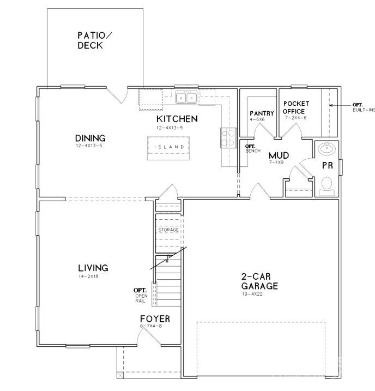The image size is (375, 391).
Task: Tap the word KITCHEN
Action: [177, 119]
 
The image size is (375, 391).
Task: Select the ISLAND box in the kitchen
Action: [169, 147]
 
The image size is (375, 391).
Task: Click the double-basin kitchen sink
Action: [186, 98]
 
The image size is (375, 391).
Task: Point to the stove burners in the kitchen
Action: [228, 137]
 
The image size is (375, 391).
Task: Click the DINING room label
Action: [90, 139]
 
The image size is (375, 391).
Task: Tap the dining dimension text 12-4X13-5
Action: [90, 146]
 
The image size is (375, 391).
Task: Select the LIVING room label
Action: [93, 268]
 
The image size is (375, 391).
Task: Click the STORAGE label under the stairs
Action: [168, 230]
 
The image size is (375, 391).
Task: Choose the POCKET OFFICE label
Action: [297, 107]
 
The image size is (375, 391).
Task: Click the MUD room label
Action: [278, 156]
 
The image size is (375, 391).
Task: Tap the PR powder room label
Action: [327, 165]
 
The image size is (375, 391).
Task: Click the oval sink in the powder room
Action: [327, 148]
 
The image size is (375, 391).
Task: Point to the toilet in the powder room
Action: [327, 183]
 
